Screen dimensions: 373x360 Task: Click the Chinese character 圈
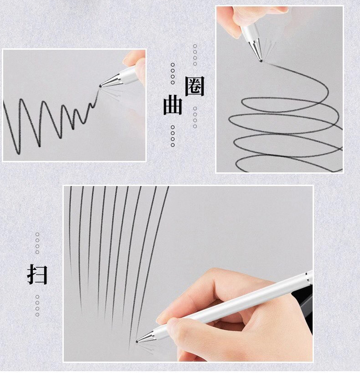[x=195, y=86]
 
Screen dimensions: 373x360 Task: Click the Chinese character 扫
[x=37, y=275]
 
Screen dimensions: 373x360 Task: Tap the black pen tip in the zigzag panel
[x=100, y=86]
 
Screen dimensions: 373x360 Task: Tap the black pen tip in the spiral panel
[x=261, y=60]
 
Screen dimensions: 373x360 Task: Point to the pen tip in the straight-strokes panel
[x=137, y=341]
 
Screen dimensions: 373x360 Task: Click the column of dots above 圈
[x=195, y=55]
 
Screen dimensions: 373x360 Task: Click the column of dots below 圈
[x=195, y=117]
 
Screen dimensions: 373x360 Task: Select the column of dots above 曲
[x=173, y=73]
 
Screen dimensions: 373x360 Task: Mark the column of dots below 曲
[x=173, y=136]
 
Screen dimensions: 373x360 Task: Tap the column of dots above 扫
[x=37, y=243]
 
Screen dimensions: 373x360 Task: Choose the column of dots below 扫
[x=37, y=306]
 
